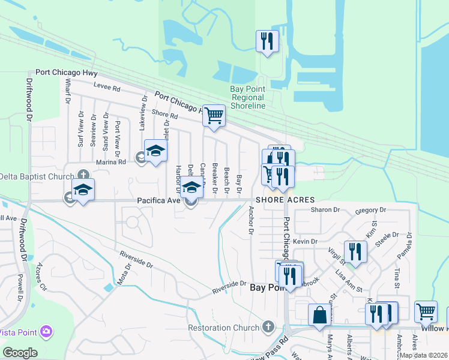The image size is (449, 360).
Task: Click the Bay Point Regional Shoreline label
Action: tap(248, 97)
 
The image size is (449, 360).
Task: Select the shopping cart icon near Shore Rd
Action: tap(214, 115)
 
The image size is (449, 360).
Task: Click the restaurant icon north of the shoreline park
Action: tap(267, 41)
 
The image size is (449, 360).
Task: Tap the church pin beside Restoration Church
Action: tap(268, 328)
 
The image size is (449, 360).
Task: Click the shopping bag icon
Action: tap(319, 314)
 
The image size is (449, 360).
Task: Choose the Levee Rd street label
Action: tap(107, 88)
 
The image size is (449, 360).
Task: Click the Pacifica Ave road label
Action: tap(158, 200)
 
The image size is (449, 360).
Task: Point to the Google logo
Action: tap(20, 353)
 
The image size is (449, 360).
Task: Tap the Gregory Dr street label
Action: tap(370, 210)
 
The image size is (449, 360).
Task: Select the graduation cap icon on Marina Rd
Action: tap(155, 153)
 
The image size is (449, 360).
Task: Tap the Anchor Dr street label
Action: tap(251, 220)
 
